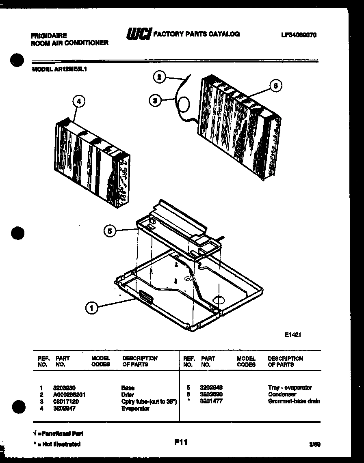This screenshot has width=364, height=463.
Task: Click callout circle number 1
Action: [92, 309]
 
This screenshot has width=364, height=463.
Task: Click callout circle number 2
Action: [160, 77]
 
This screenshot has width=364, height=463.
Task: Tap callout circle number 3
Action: [155, 100]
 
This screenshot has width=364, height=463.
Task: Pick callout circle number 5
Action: [109, 231]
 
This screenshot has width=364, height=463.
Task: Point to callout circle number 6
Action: [275, 86]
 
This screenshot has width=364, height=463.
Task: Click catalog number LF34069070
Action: [299, 35]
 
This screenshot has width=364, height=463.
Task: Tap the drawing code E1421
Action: [292, 335]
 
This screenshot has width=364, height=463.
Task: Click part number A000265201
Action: [69, 394]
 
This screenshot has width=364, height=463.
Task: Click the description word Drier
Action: [128, 394]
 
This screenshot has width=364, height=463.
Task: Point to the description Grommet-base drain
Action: [294, 401]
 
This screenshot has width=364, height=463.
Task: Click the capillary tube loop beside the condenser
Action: [184, 105]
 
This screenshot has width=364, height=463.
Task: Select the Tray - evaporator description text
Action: [290, 388]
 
